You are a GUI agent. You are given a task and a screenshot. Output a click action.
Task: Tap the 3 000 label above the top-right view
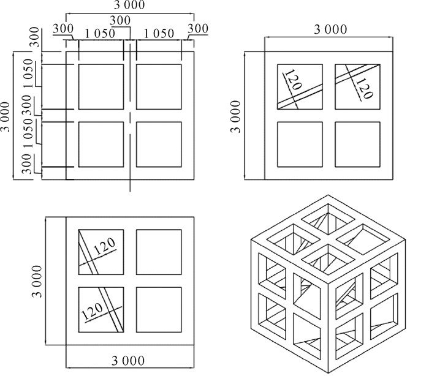(330, 29)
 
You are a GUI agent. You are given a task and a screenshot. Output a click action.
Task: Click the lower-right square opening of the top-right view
(357, 144)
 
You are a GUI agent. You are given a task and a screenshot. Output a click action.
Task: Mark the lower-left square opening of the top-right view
(300, 144)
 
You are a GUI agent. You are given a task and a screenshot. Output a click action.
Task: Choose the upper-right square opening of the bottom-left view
(159, 252)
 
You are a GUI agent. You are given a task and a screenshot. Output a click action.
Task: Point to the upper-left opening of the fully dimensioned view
(101, 87)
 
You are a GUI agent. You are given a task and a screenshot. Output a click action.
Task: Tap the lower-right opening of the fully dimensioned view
(159, 145)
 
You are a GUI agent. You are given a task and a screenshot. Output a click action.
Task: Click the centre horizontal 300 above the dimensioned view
(120, 20)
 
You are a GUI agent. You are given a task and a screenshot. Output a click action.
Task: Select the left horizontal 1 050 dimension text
(95, 34)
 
